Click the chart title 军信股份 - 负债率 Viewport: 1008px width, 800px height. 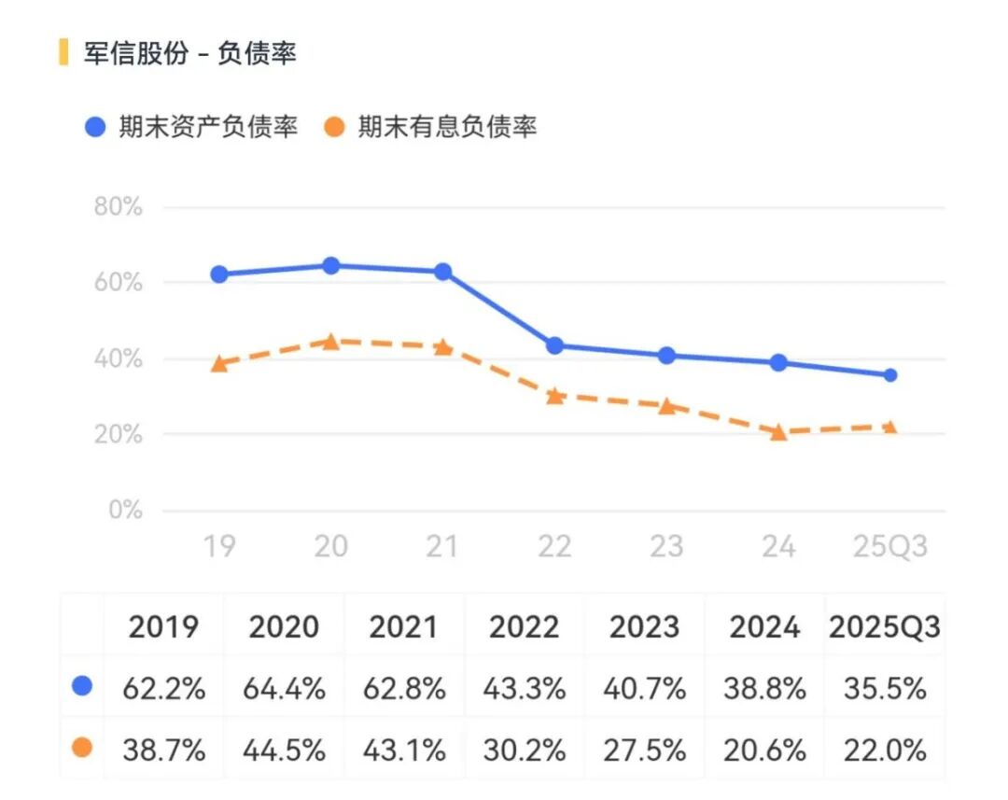[189, 53]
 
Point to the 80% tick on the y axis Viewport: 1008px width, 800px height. [119, 206]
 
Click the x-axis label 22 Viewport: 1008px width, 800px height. [554, 546]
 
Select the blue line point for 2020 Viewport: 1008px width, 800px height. [330, 266]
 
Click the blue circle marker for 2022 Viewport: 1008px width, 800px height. [554, 345]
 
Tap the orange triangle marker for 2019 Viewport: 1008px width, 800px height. [219, 364]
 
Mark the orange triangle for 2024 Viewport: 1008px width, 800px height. [778, 432]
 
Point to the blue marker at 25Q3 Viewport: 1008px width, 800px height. [890, 375]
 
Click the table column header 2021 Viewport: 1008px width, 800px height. [404, 627]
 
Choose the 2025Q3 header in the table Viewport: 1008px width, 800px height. [884, 627]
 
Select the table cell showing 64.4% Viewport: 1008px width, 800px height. [284, 689]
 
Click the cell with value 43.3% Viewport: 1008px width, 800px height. [525, 689]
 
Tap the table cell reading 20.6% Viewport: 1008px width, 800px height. [764, 750]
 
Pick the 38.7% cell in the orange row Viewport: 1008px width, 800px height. [163, 750]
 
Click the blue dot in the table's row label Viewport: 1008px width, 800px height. [82, 687]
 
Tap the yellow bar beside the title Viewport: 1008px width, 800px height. [63, 52]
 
